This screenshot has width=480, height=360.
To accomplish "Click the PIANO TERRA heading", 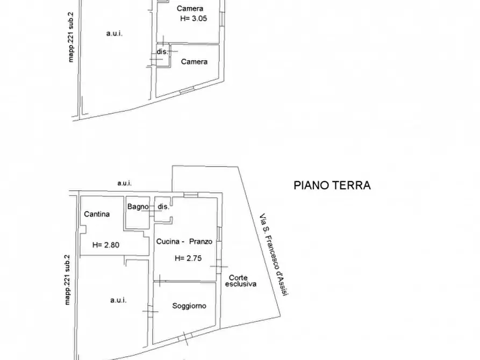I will click(x=332, y=185).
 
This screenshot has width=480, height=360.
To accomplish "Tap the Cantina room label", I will click(x=97, y=214).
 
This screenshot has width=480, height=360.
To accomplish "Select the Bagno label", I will click(x=138, y=206).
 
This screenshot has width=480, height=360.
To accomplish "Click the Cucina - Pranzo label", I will click(x=184, y=242).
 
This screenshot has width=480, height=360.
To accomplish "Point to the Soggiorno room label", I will click(x=189, y=306).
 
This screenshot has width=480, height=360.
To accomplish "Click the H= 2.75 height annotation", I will click(x=188, y=258).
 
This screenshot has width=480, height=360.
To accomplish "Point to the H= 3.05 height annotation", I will click(x=194, y=18).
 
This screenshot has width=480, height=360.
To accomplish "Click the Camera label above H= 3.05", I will click(x=190, y=9).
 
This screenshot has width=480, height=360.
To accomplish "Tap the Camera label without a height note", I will click(x=194, y=62).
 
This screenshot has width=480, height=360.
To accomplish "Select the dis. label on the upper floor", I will click(x=162, y=52).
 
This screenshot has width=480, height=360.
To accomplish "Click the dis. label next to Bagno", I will click(x=163, y=206).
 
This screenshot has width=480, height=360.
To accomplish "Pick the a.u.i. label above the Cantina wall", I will click(x=125, y=183).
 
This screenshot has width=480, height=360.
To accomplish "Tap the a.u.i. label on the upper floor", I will click(x=114, y=33).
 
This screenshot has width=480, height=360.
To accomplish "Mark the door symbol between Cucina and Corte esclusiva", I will click(x=218, y=267).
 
